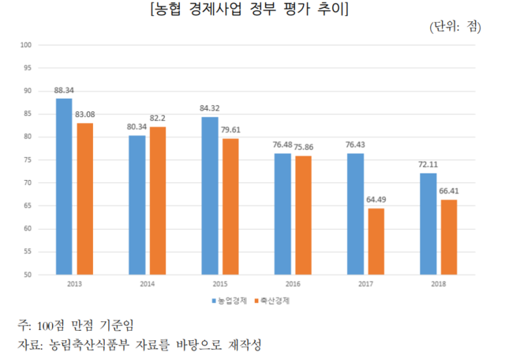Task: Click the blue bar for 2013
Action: coord(64,187)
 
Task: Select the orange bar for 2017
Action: coord(376,242)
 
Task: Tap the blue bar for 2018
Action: coord(428,224)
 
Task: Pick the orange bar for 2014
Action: coord(158,201)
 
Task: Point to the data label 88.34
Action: coord(64,91)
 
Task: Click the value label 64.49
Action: coord(376,201)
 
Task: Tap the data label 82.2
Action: coord(158,119)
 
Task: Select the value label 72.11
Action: coord(428,166)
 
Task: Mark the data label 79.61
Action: coord(231,131)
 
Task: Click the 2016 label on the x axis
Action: coord(292,283)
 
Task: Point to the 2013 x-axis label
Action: coord(74,283)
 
